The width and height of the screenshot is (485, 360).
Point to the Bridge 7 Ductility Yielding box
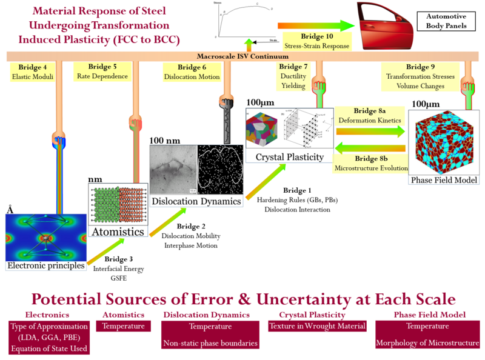[x=293, y=76]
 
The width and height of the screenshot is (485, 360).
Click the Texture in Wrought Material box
[x=317, y=326]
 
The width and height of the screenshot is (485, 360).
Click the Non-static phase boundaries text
[x=211, y=343]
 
